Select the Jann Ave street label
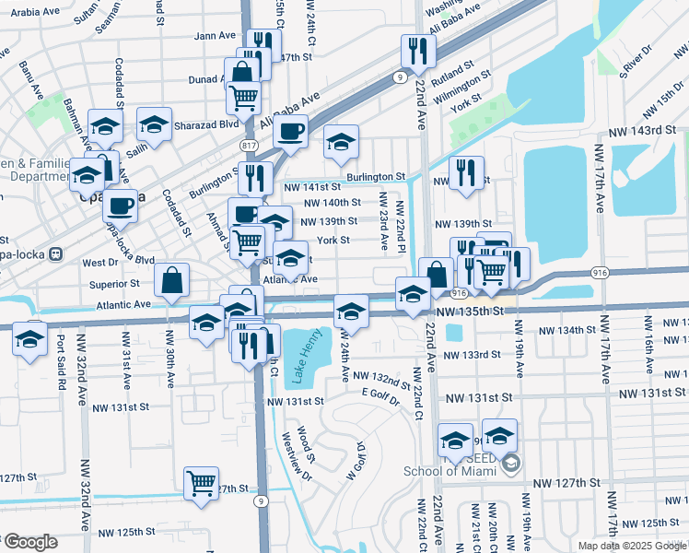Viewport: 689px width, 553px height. pos(216,36)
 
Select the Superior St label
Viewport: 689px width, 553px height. pos(114,284)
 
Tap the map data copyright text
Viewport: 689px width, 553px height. pos(632,546)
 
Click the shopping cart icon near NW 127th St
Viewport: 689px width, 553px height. pos(201,482)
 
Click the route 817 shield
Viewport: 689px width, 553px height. pos(249,146)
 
